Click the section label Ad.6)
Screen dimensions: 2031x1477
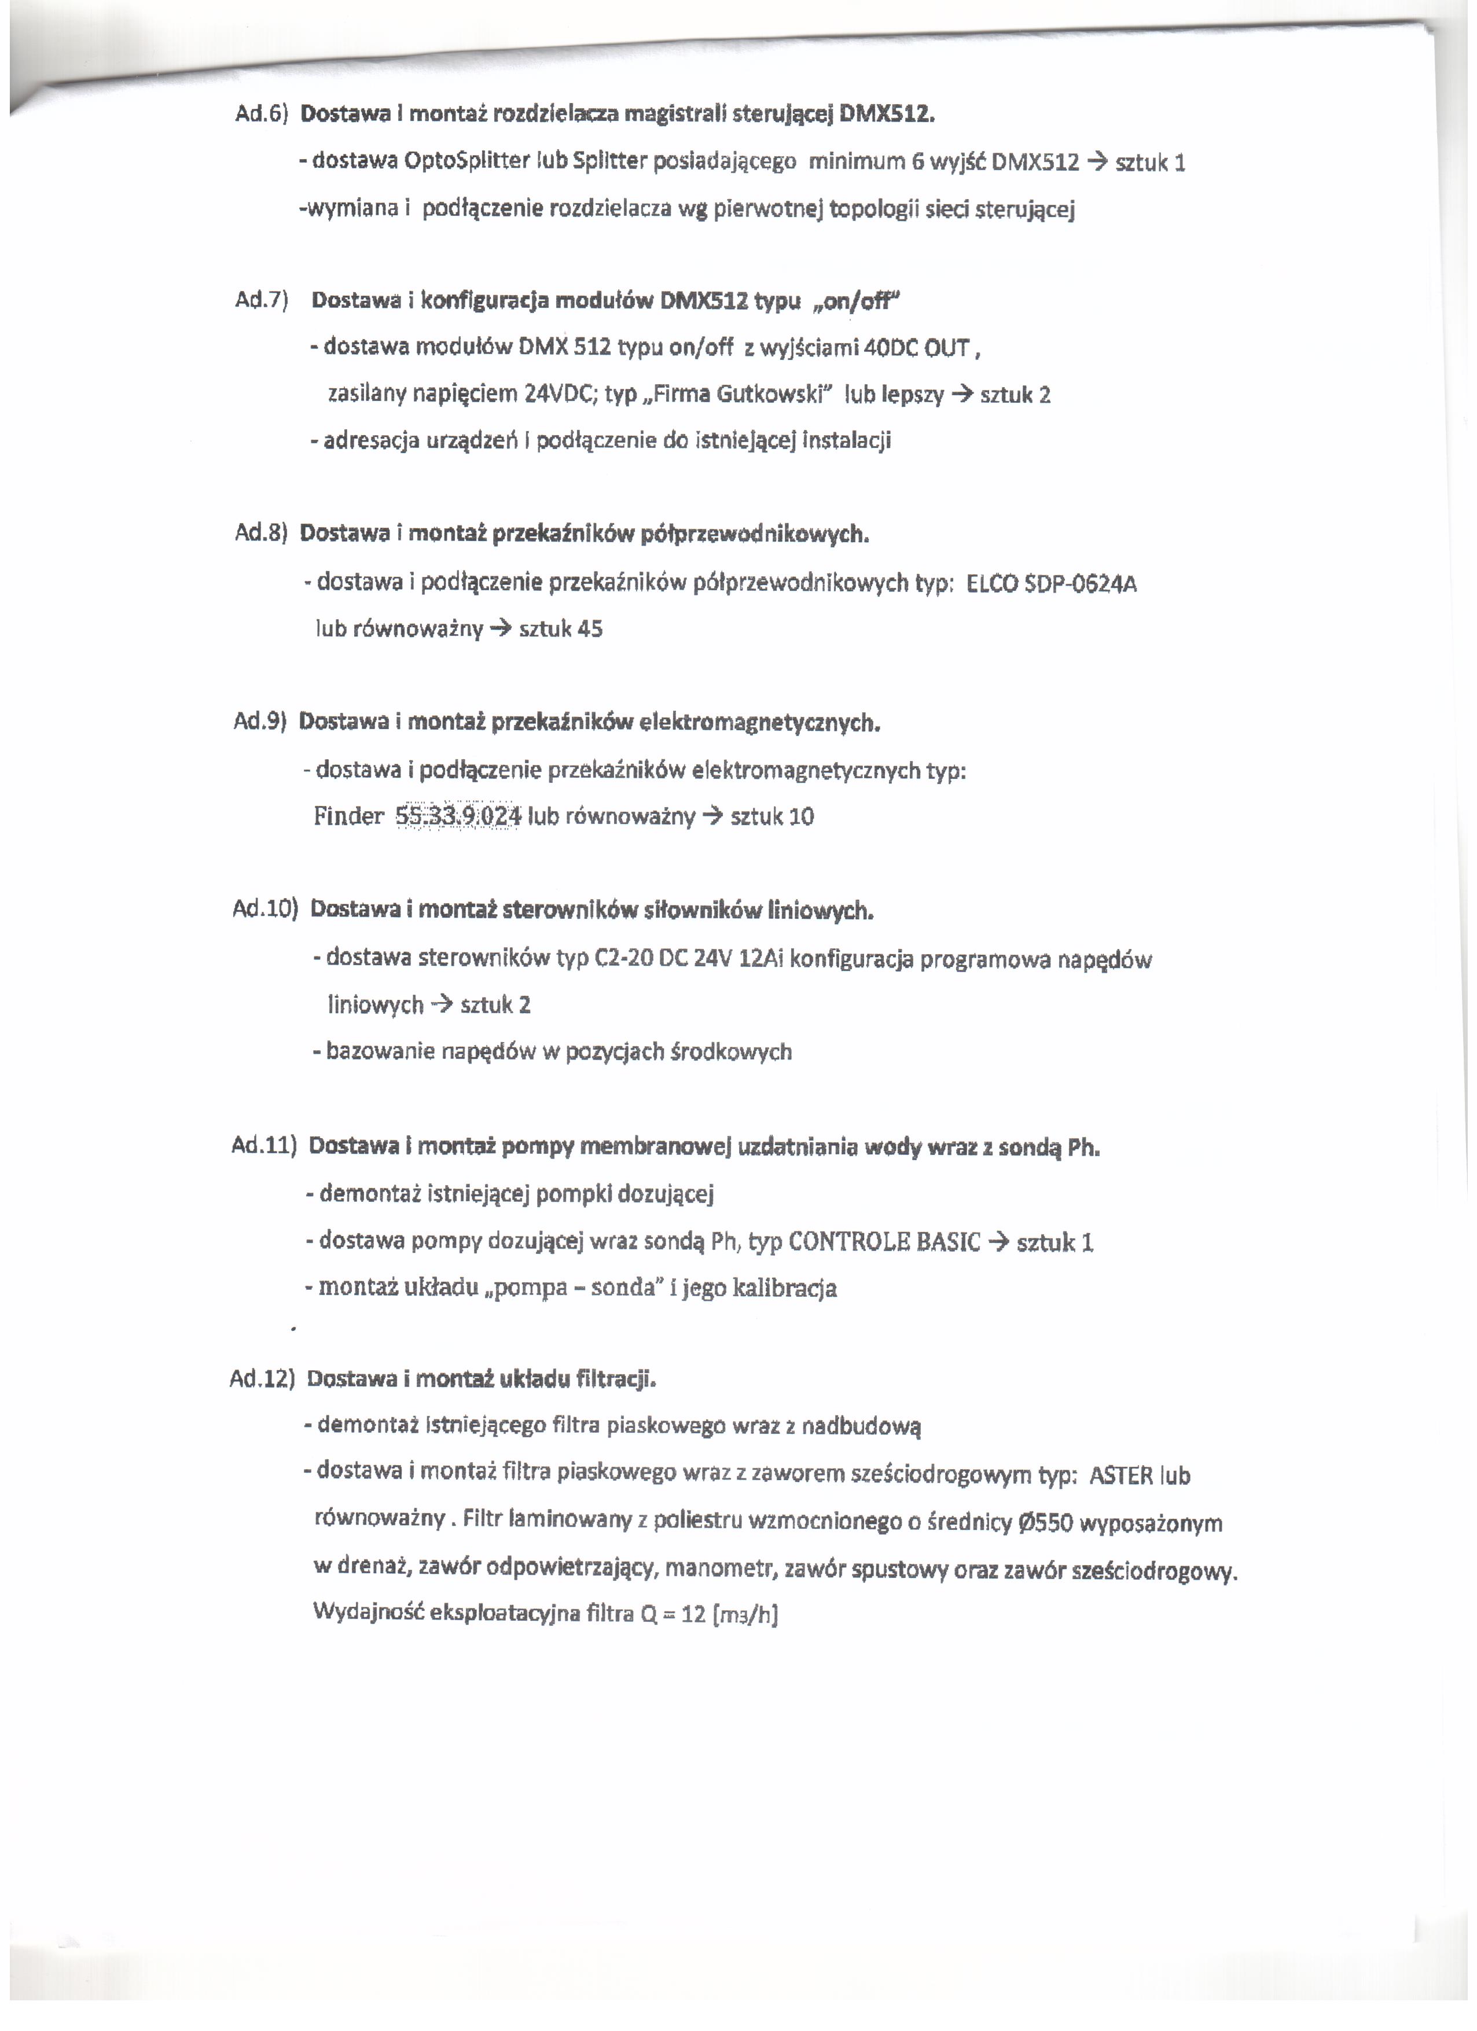[x=260, y=115]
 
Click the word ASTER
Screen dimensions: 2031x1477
[x=1120, y=1476]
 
